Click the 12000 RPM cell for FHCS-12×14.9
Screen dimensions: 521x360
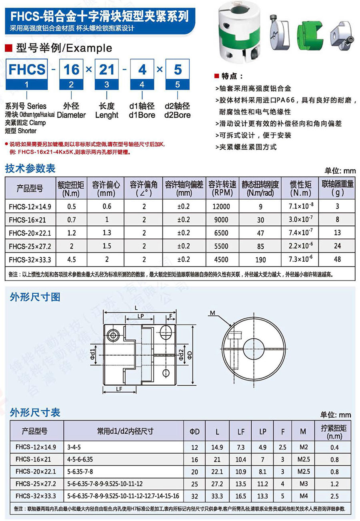pos(221,206)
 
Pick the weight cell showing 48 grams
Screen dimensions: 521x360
pos(337,259)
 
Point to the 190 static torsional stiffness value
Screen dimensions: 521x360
pos(260,260)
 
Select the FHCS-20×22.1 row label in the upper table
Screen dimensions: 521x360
pos(30,233)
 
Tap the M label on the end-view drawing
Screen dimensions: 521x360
pos(212,313)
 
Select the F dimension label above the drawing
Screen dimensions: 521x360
pos(171,317)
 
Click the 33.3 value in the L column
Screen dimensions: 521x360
pos(217,496)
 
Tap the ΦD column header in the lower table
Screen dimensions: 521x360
pos(194,432)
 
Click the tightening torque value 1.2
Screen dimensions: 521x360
pos(335,484)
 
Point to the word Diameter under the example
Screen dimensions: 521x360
pos(71,115)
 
